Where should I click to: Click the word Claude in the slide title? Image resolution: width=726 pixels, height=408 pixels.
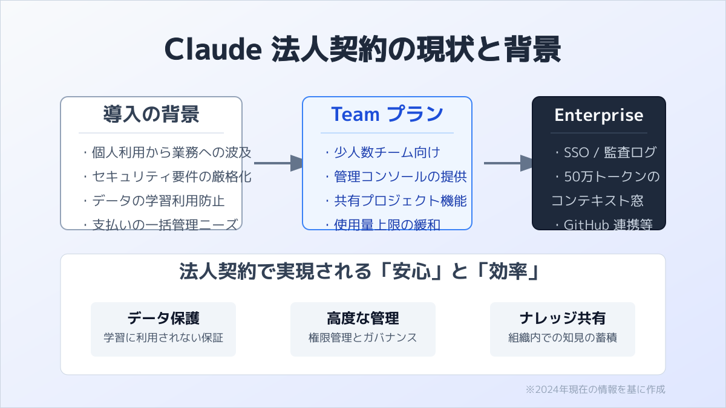pos(212,50)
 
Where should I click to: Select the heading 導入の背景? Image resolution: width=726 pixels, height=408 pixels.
pos(151,114)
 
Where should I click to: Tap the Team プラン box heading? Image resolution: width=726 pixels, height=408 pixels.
pos(387,114)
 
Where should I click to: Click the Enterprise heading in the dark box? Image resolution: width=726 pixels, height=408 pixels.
pos(598,115)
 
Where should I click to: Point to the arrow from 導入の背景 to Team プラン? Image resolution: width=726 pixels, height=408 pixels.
pos(278,163)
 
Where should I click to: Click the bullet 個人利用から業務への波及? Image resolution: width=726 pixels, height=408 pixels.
pos(166,152)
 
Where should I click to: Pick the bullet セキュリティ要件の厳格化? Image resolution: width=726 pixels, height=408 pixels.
pos(166,176)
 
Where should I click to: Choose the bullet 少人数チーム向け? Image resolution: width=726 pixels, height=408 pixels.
pos(382,152)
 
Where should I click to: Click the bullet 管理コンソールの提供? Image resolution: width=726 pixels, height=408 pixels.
pos(395,176)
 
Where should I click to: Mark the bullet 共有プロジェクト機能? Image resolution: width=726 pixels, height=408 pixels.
pos(395,201)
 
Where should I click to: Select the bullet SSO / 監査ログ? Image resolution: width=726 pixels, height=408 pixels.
pos(604,152)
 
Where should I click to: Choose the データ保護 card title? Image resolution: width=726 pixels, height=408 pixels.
pos(163,319)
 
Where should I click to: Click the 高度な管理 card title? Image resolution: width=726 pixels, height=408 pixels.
pos(363,319)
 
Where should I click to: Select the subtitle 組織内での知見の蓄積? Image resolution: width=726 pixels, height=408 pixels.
pos(563,337)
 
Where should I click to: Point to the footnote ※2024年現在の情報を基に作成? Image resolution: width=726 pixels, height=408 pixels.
pos(595,389)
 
